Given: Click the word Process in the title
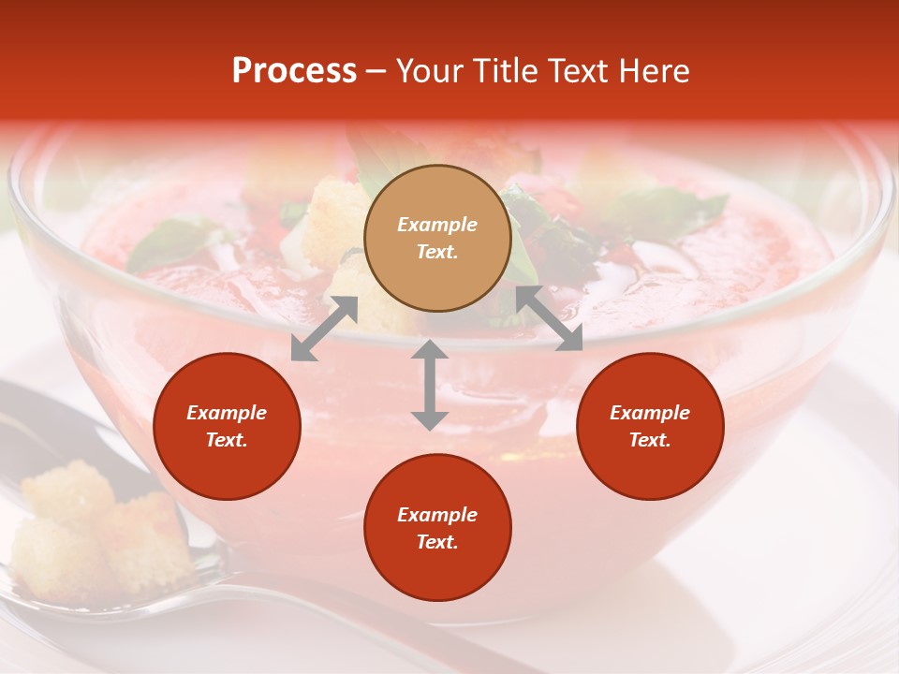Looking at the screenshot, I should point(294,71).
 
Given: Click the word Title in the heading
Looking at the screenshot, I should point(504,71).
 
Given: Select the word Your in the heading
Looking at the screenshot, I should point(431,71).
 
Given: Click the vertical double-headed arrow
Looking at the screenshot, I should point(430,385).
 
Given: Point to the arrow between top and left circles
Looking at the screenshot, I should point(324,328).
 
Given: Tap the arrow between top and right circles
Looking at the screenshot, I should point(550,318).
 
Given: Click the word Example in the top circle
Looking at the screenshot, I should point(437,225).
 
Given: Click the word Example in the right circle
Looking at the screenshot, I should point(650,413).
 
